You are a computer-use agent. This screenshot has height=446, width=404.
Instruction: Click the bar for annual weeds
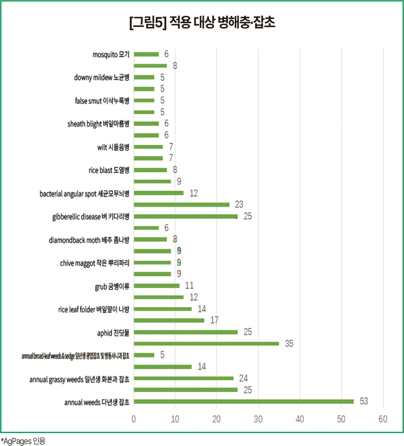(244, 401)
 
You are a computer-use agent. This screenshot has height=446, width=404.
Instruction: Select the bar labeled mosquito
(146, 54)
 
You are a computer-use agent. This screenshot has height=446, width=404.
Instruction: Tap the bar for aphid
(185, 332)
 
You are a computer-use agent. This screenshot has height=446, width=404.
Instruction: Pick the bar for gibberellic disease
(185, 216)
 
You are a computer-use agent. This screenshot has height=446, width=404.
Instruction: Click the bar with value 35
(206, 343)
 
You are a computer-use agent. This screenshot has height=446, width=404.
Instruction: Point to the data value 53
(364, 401)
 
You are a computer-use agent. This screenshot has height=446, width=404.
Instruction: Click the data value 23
(239, 204)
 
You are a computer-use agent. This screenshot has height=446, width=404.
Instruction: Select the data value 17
(214, 320)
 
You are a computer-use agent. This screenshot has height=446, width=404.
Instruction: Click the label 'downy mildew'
(102, 77)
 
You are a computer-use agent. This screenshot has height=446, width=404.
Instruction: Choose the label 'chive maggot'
(95, 262)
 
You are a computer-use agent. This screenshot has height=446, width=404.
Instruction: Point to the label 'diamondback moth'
(89, 239)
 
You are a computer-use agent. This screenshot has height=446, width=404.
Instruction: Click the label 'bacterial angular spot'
(84, 193)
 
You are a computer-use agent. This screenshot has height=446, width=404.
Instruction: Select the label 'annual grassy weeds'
(78, 378)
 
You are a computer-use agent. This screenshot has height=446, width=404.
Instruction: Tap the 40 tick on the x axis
(300, 419)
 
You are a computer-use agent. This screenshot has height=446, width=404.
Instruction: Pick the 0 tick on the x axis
(134, 419)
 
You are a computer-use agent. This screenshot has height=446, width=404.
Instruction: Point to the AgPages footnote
(23, 440)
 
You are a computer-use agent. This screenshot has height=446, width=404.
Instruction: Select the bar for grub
(156, 286)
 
